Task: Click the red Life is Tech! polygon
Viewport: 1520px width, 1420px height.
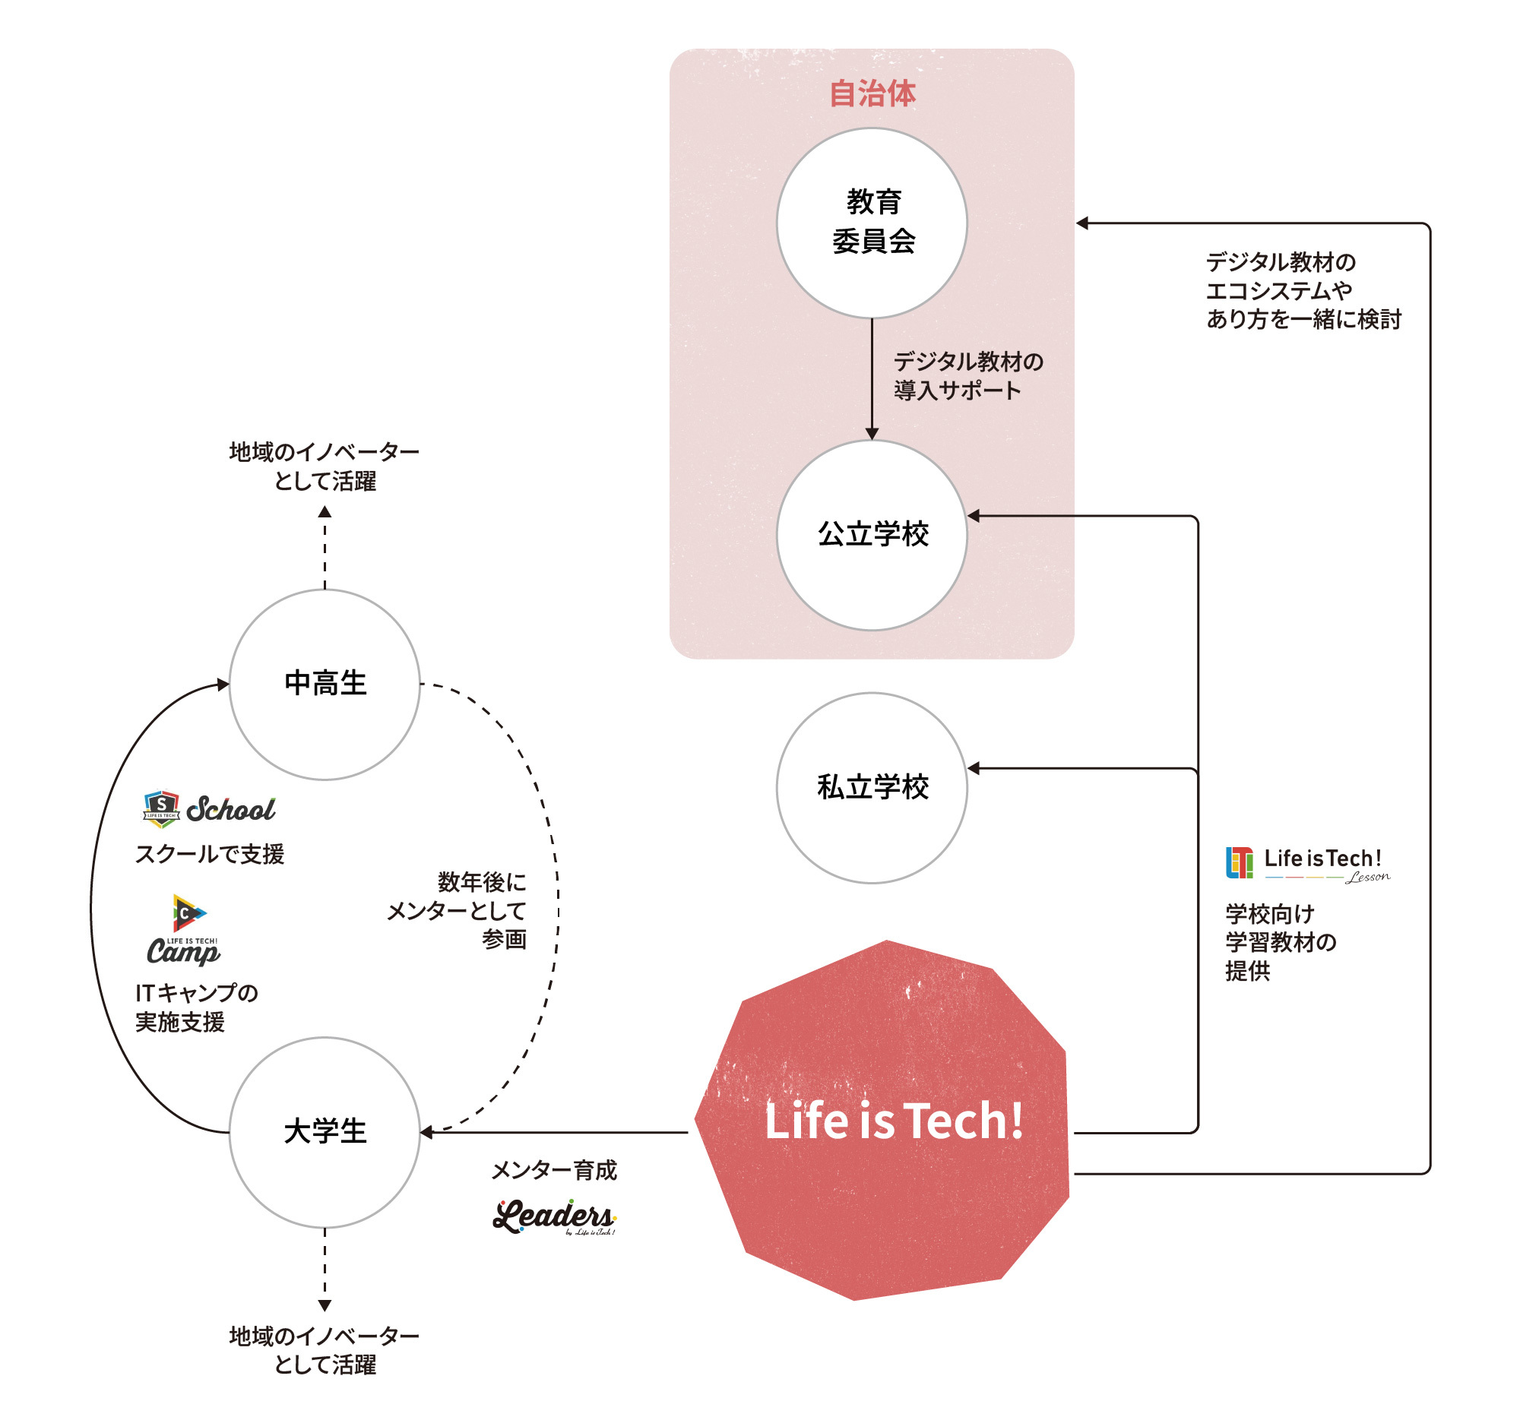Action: [883, 1121]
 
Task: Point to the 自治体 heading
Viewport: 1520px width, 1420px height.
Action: [872, 93]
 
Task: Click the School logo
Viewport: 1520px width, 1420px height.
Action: [209, 808]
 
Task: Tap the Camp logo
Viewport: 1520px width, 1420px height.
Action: [183, 929]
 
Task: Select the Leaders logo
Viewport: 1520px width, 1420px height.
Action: [554, 1216]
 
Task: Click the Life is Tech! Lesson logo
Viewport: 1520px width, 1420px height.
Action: [1308, 865]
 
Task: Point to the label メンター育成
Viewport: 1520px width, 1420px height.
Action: [553, 1170]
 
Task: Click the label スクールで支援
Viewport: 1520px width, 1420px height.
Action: [210, 854]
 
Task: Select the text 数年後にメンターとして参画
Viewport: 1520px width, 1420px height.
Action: [458, 910]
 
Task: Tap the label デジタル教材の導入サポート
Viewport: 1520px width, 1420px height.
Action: [969, 375]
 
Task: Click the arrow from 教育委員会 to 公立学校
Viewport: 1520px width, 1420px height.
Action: [872, 379]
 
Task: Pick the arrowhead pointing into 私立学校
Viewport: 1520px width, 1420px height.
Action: [974, 768]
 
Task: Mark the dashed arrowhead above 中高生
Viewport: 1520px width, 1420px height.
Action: [325, 511]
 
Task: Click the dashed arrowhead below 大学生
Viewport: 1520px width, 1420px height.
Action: [325, 1306]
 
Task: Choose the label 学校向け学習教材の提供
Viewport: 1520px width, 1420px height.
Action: [1281, 942]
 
